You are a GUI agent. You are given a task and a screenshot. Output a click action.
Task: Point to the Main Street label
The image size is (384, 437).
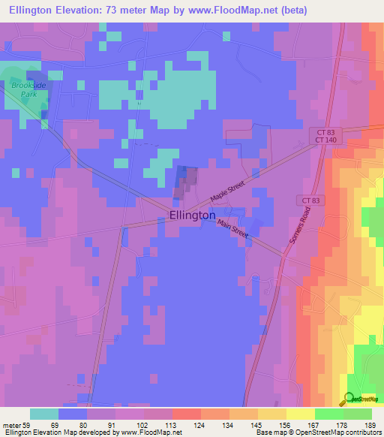pyautogui.click(x=232, y=229)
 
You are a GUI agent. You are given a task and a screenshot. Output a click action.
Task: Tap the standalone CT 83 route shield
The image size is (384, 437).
pyautogui.click(x=310, y=200)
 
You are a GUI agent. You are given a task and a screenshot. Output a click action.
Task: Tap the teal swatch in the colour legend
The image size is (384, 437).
pyautogui.click(x=44, y=414)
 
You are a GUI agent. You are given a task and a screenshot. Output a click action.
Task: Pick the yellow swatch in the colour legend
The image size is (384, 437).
pyautogui.click(x=300, y=414)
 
